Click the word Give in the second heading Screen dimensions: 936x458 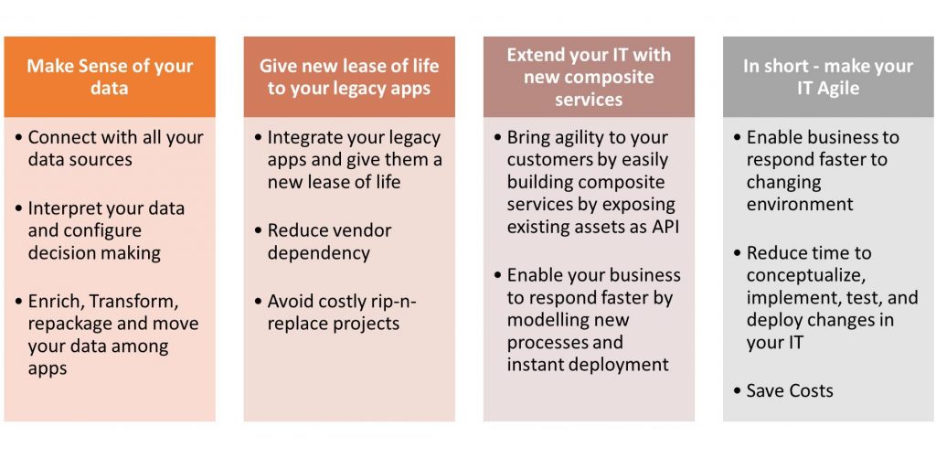[x=278, y=67]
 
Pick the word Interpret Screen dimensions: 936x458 [x=65, y=209]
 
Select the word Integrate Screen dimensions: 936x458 [x=303, y=139]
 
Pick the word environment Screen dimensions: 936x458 [x=800, y=204]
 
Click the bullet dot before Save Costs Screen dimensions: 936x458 [x=738, y=391]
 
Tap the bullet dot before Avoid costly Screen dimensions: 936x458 [x=259, y=303]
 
